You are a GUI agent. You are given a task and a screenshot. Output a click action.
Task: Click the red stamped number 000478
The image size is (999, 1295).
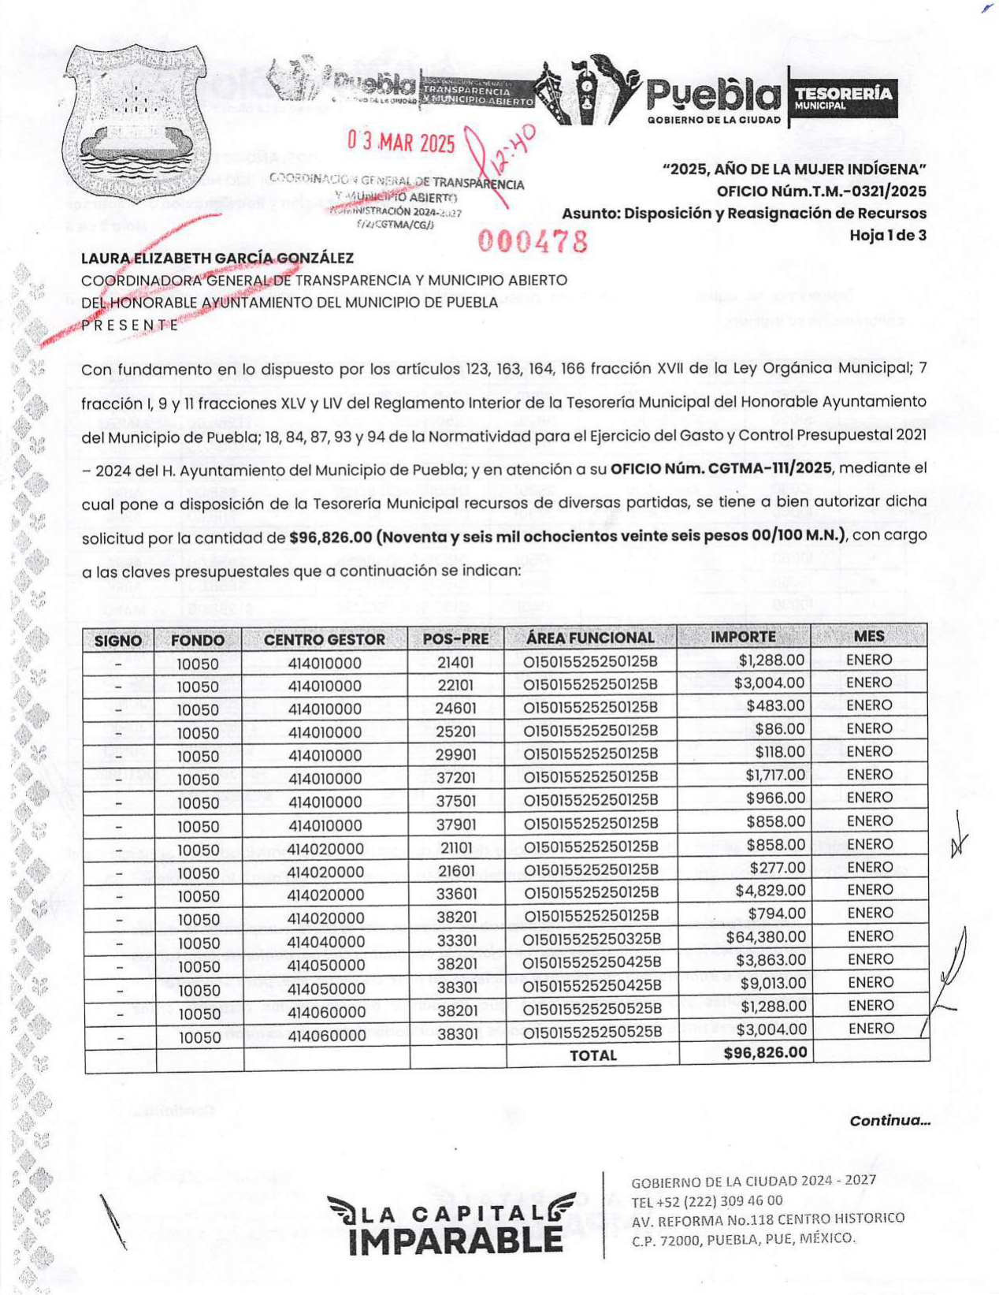point(533,241)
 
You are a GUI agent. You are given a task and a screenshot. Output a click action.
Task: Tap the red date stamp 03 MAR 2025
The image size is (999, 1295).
point(401,143)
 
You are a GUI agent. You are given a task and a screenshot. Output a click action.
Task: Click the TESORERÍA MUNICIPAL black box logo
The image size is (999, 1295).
point(843,98)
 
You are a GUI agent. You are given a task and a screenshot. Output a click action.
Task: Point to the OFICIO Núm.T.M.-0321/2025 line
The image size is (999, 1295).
point(821,192)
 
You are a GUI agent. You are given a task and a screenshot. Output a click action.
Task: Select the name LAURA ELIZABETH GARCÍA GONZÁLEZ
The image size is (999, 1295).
point(217,259)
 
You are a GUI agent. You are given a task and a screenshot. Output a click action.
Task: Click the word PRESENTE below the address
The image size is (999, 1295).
point(130,325)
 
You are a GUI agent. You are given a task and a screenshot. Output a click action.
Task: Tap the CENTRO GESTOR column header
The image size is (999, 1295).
point(324,639)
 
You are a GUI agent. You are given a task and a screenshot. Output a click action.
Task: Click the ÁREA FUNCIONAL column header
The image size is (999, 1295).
point(590,638)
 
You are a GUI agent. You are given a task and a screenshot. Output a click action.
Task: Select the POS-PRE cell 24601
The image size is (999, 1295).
point(456,708)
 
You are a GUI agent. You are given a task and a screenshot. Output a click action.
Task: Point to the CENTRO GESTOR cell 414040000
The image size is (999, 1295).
point(325,942)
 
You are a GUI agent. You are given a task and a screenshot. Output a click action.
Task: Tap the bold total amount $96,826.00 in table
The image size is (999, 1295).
point(765,1052)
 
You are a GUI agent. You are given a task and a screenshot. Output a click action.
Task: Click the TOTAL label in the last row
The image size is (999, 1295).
point(592,1055)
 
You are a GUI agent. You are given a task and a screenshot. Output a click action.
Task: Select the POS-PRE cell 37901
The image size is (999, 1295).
point(456,825)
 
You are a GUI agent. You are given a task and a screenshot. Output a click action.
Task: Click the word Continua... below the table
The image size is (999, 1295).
point(889,1120)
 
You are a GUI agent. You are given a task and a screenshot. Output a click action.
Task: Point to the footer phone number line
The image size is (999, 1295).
point(707,1200)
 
